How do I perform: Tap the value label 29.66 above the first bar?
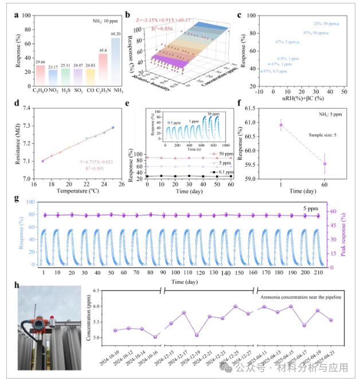40,61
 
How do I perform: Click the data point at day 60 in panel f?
324,164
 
